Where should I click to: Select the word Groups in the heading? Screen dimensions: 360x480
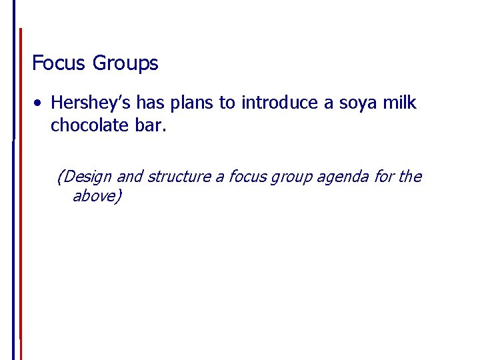[125, 64]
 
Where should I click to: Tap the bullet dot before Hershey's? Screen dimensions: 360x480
[41, 103]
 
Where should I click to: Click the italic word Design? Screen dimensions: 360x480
[87, 177]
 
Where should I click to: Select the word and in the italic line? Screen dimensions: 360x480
[130, 177]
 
